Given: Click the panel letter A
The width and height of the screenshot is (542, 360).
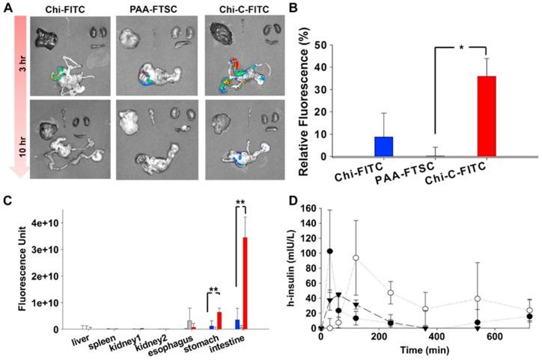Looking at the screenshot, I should point(7,8).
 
